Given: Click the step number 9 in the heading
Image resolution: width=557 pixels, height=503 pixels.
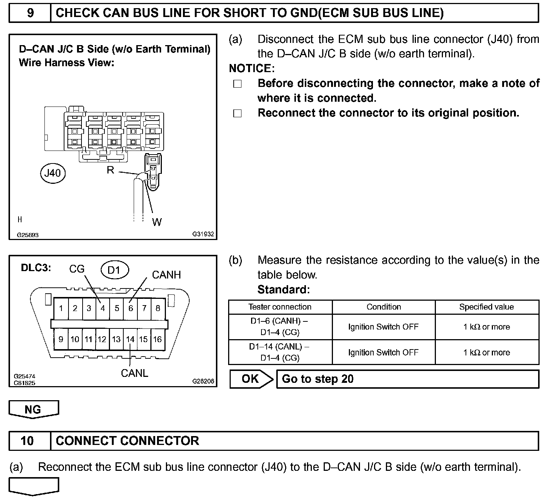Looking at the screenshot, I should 30,13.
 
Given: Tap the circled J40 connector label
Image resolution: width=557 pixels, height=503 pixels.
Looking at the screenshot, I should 53,173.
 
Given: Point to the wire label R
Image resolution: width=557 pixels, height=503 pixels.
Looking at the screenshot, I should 110,170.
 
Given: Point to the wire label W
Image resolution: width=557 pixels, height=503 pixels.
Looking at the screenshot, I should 157,222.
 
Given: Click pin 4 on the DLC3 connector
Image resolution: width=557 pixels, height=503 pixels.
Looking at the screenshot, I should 103,308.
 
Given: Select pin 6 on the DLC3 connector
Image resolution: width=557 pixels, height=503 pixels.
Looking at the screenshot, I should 130,308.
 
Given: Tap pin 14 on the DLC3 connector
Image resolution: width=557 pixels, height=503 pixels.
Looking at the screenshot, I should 130,339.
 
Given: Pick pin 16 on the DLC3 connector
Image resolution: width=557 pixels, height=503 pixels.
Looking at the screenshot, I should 157,339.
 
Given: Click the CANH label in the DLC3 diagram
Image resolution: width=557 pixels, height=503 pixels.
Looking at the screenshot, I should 166,275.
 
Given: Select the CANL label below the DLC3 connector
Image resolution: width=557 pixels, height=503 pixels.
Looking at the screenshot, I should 134,373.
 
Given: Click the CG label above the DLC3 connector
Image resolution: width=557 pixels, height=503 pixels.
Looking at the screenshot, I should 77,269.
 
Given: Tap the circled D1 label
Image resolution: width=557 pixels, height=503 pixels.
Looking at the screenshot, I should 114,270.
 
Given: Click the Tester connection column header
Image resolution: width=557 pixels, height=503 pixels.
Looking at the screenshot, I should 280,307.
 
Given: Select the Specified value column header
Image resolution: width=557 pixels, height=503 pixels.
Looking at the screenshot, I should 486,307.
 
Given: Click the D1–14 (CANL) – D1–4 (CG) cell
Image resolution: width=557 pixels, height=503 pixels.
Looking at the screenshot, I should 280,352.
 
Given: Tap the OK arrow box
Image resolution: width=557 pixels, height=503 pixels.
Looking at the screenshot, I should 251,379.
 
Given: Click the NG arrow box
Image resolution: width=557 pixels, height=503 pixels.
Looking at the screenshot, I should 33,409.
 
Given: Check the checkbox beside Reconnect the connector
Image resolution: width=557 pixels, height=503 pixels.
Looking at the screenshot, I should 237,114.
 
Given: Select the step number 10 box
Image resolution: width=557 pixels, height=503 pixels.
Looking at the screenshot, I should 27,441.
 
